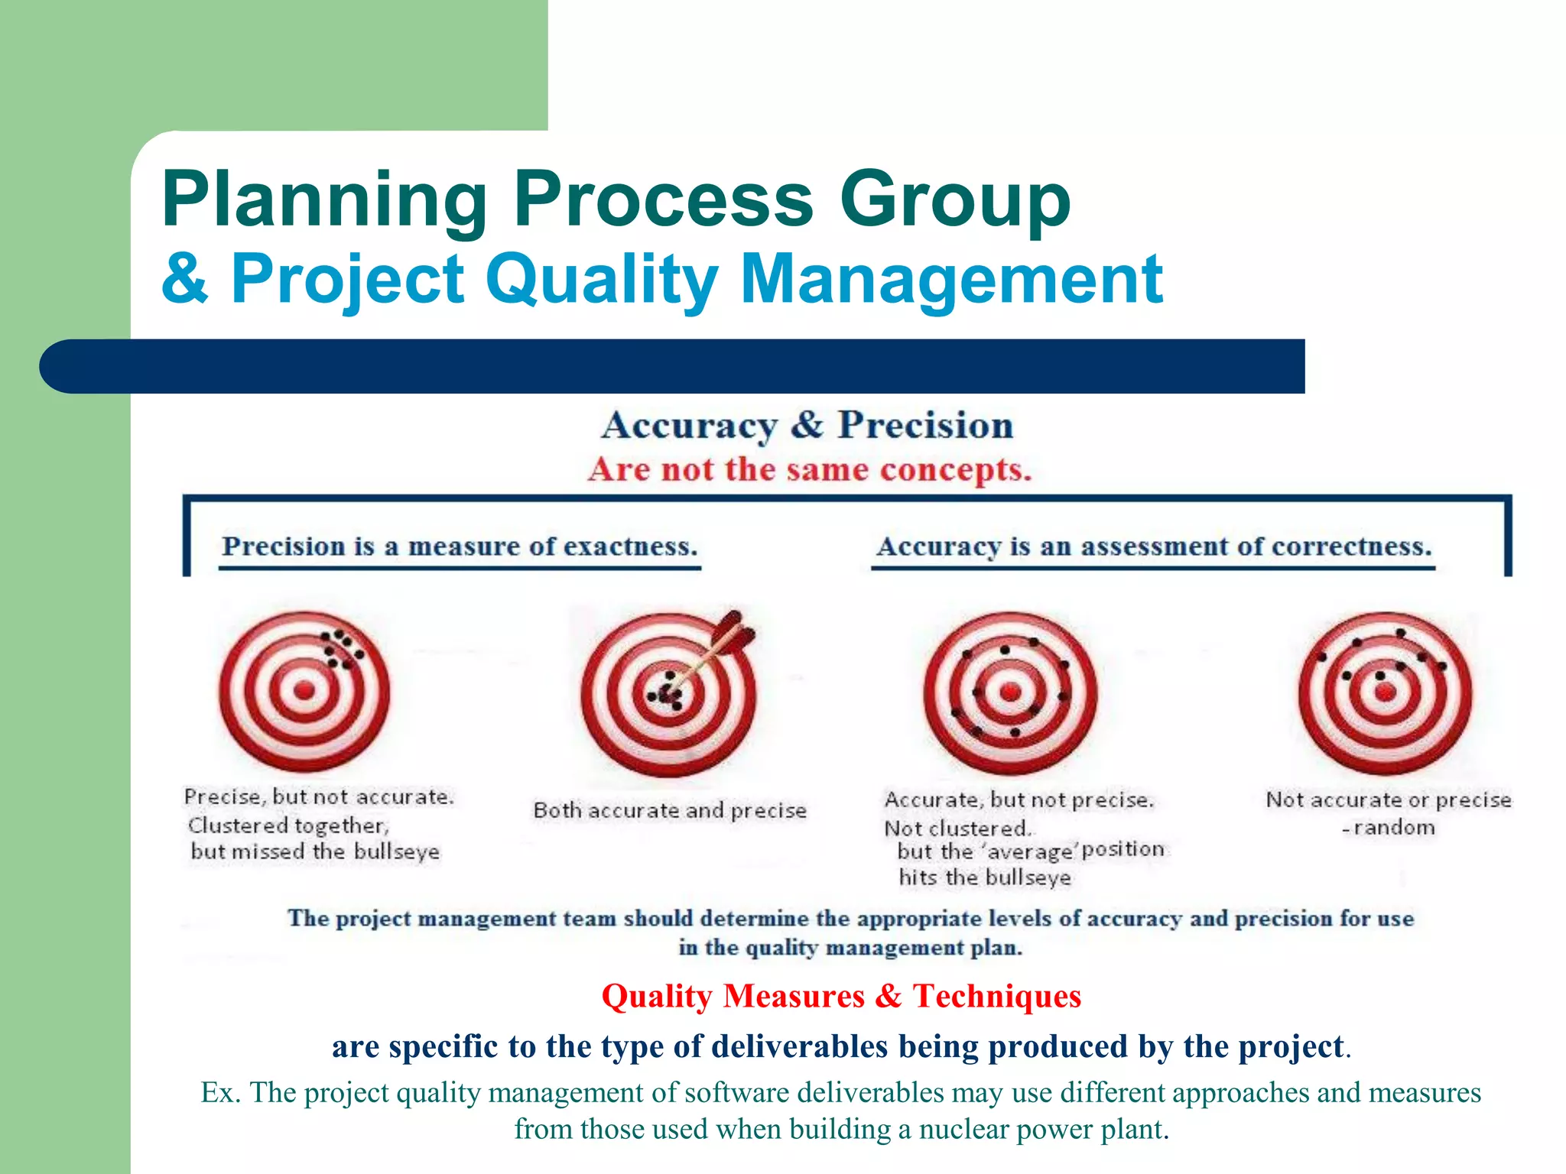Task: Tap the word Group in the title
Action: click(x=955, y=200)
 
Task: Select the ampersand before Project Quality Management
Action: click(x=184, y=279)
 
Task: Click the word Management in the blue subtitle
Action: click(x=951, y=280)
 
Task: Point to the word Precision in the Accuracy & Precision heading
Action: click(x=925, y=426)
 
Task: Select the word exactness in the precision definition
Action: click(x=630, y=546)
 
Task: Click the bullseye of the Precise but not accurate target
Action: click(x=304, y=690)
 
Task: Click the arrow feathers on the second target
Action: click(x=734, y=633)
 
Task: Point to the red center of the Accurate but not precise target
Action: click(x=1010, y=692)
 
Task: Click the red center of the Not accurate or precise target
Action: click(x=1385, y=692)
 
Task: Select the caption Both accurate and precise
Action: click(x=670, y=810)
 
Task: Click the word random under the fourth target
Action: click(x=1394, y=828)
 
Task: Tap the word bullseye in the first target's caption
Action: click(x=397, y=851)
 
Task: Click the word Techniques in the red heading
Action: click(x=997, y=996)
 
